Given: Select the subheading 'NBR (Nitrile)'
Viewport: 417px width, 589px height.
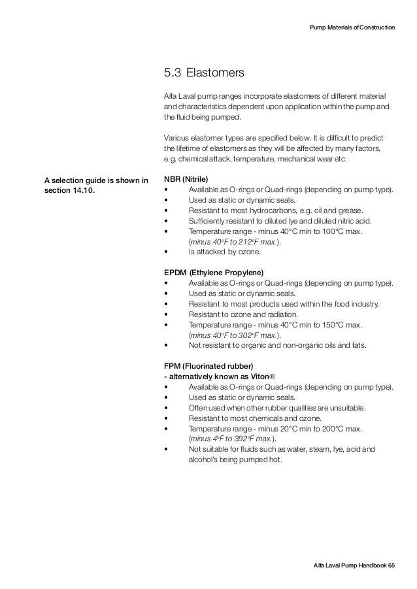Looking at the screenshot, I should (x=187, y=178).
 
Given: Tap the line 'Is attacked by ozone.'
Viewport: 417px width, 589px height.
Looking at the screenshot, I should (x=224, y=252).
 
